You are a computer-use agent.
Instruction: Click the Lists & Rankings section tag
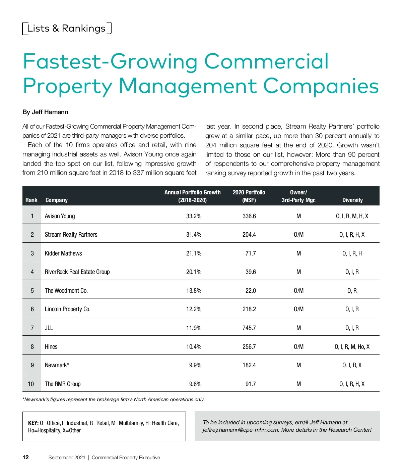click(x=66, y=29)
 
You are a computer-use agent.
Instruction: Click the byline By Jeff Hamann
click(x=45, y=112)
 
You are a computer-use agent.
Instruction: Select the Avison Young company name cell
click(x=60, y=216)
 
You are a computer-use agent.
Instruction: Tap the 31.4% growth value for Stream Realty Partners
click(x=194, y=235)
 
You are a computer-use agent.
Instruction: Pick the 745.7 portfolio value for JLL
click(x=249, y=328)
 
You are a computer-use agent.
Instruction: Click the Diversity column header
click(x=352, y=200)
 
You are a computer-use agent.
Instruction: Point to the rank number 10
click(x=31, y=384)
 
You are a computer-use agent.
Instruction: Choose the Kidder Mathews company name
click(x=63, y=253)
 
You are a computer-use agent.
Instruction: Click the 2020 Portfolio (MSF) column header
click(x=249, y=196)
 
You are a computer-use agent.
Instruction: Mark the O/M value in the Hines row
click(x=298, y=347)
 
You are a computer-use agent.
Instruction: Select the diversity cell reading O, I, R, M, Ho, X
click(x=352, y=347)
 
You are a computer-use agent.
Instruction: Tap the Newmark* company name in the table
click(x=57, y=365)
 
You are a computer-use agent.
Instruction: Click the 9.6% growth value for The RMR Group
click(x=195, y=384)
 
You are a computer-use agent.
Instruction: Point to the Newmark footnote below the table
click(x=114, y=399)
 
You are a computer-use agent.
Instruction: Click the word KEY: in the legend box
click(x=33, y=423)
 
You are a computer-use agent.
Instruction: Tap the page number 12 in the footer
click(x=25, y=458)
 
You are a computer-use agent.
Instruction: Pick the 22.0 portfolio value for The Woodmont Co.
click(x=251, y=291)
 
